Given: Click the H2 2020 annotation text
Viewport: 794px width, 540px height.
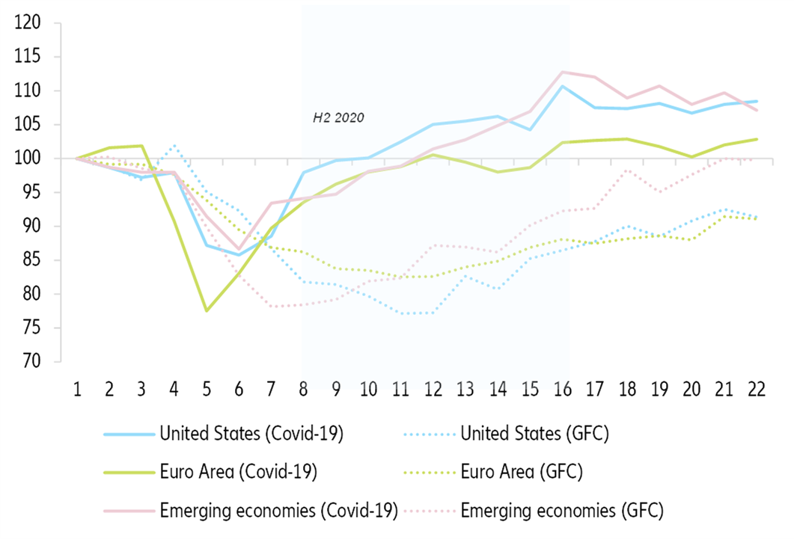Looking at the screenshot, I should point(338,118).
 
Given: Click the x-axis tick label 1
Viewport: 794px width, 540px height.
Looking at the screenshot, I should point(76,390).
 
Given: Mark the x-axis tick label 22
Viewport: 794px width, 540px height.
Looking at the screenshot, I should point(757,390).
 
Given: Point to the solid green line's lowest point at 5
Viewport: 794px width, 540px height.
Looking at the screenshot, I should point(206,310).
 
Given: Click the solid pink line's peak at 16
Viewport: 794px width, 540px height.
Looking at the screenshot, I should point(563,73).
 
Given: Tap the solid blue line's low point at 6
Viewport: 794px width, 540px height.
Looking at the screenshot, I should point(239,255).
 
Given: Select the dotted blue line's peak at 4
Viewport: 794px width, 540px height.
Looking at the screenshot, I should point(174,146).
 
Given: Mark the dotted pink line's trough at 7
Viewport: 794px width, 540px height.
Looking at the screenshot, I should point(272,307).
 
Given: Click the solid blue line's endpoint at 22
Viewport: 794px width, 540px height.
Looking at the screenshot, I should point(757,101).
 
